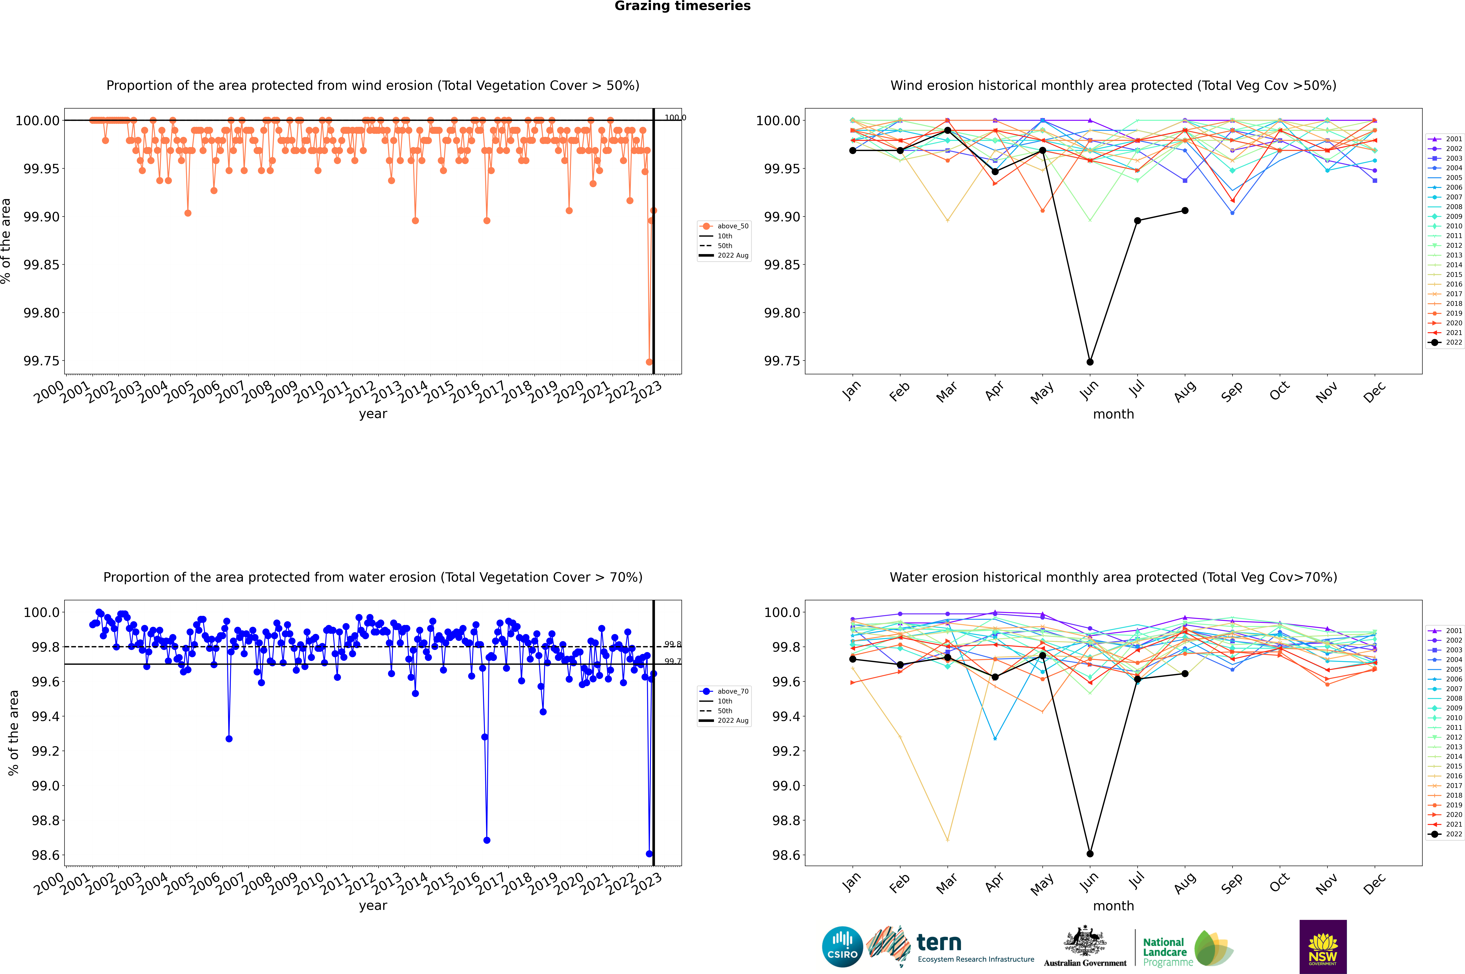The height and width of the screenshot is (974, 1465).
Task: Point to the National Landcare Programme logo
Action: pyautogui.click(x=1187, y=949)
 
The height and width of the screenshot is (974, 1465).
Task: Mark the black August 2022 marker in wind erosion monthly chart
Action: pyautogui.click(x=1185, y=211)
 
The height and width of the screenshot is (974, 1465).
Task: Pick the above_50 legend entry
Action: pyautogui.click(x=724, y=226)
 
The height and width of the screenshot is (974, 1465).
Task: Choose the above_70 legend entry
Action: pyautogui.click(x=724, y=691)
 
